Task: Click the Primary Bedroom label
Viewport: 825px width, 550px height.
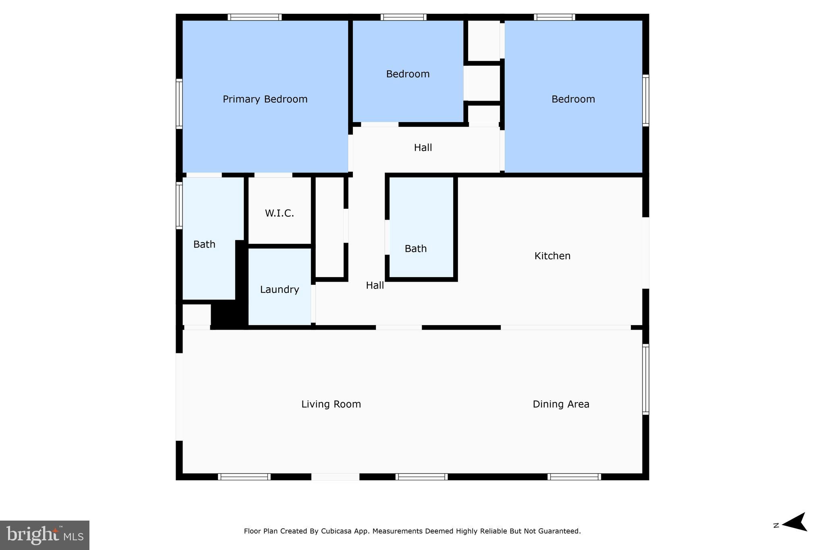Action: [x=265, y=99]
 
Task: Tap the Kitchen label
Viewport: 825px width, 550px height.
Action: [x=552, y=256]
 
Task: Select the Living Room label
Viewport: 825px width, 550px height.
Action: [x=331, y=404]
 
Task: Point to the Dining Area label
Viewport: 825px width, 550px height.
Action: [x=561, y=404]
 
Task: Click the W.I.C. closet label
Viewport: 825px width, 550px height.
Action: [x=279, y=213]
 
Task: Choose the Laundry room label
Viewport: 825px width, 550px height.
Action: [x=279, y=289]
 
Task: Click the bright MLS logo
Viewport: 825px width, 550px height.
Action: [x=45, y=535]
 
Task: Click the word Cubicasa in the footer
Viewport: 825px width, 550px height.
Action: [x=336, y=531]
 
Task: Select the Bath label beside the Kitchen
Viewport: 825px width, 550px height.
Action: [x=415, y=249]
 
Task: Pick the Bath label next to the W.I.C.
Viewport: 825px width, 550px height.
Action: [x=204, y=244]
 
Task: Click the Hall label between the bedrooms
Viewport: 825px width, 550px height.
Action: [x=423, y=147]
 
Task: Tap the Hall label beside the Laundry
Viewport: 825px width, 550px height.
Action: [x=375, y=285]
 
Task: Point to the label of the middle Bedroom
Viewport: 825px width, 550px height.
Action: [x=408, y=74]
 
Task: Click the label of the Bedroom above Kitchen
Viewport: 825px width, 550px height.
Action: [x=573, y=99]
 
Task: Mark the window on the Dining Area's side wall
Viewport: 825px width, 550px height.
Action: [x=645, y=379]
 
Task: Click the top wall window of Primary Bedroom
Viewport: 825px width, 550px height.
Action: [x=254, y=17]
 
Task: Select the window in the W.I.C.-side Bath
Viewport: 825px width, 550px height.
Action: [x=179, y=205]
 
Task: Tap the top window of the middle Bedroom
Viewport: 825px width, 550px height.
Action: [x=403, y=17]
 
